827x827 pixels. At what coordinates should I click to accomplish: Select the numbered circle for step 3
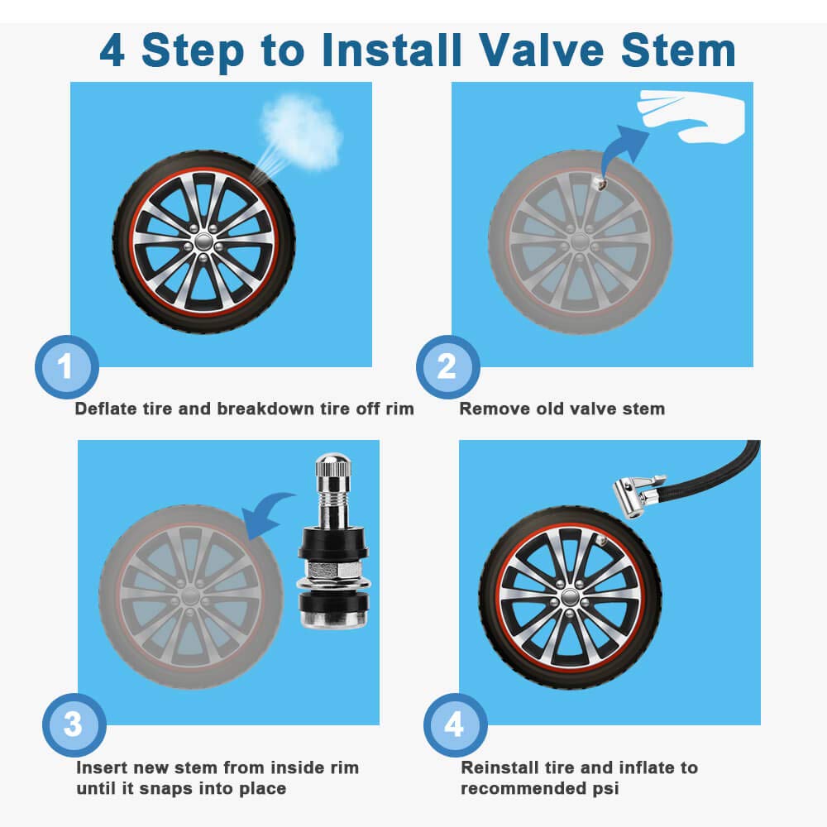pos(74,725)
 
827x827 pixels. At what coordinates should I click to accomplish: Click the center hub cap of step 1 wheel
pos(203,240)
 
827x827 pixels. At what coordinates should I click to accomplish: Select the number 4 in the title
pos(112,50)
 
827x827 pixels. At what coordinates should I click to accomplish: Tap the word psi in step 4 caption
pos(603,789)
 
